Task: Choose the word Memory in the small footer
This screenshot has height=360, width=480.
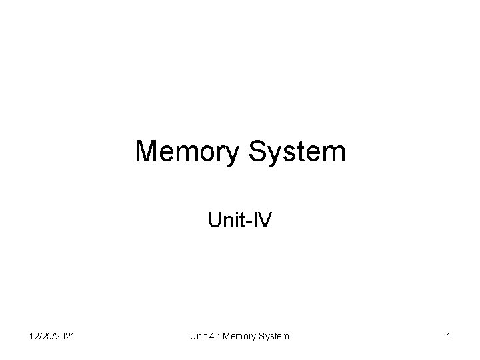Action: (x=238, y=337)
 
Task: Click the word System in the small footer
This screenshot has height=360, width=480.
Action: (x=273, y=337)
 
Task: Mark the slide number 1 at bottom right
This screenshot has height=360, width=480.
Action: (x=449, y=337)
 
